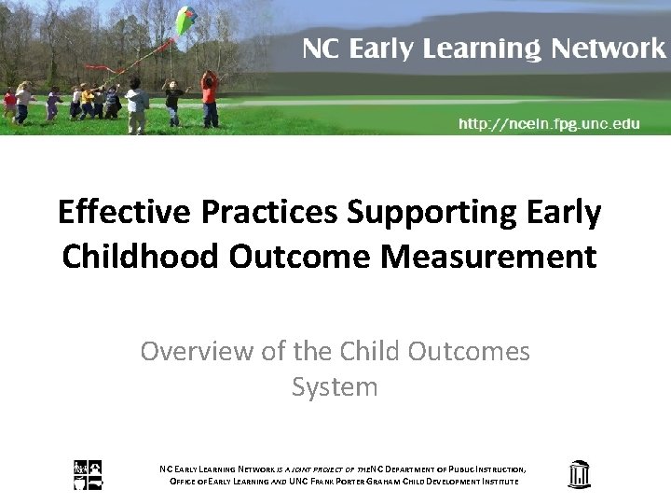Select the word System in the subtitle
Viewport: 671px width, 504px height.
click(x=335, y=386)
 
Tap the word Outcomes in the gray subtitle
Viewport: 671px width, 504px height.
click(x=470, y=352)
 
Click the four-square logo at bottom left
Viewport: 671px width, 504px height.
click(x=89, y=475)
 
